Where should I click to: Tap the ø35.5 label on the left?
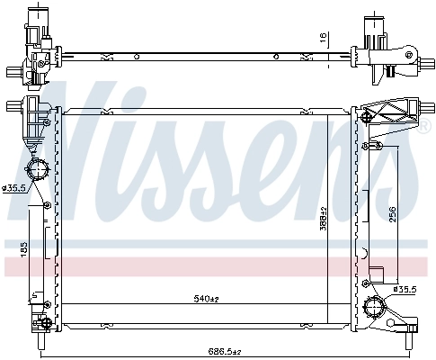[x=14, y=188]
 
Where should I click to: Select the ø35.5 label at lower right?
[x=405, y=289]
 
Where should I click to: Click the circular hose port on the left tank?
[x=38, y=171]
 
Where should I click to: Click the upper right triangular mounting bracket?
[x=394, y=112]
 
